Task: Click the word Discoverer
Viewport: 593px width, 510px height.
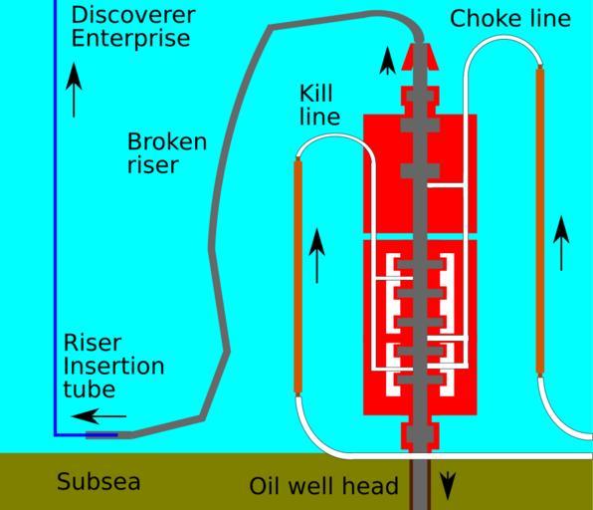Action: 133,15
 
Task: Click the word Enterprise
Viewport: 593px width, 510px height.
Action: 130,39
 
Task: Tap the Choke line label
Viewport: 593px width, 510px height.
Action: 510,19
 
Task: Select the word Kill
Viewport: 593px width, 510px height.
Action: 316,94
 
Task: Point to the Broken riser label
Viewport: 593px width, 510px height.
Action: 167,153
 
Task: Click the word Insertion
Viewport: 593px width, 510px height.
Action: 113,367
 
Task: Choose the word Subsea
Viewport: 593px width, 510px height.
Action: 99,481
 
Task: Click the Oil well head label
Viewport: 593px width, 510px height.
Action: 323,486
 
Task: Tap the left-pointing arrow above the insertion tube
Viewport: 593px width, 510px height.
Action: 99,416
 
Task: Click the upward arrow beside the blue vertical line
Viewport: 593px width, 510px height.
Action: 74,91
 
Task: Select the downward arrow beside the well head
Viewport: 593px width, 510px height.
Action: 448,486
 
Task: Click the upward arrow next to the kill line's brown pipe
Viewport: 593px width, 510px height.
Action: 317,256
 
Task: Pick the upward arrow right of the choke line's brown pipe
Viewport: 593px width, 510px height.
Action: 561,243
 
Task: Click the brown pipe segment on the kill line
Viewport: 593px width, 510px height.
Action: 298,277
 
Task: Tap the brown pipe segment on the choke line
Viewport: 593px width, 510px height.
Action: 540,220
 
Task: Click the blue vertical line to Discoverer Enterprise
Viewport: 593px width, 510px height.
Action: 55,218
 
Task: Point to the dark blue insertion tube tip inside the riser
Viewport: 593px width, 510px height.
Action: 101,435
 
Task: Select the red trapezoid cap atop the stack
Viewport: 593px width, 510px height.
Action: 420,57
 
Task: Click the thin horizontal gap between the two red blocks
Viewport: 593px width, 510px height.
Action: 420,237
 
